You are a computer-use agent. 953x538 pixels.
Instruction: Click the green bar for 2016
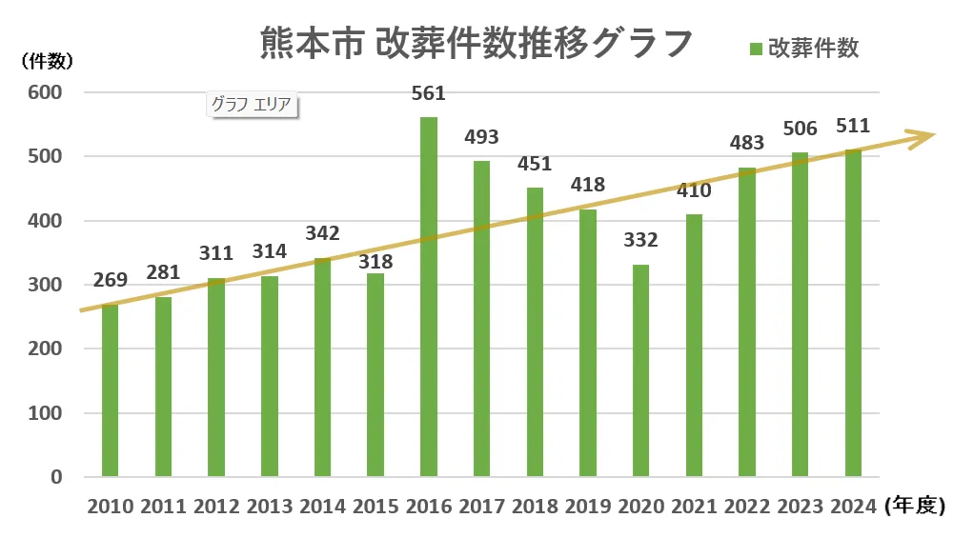coord(429,296)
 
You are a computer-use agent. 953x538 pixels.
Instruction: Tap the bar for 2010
coord(111,390)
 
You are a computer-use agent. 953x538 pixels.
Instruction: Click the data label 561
coord(429,93)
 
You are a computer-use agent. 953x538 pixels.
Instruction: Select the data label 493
coord(481,137)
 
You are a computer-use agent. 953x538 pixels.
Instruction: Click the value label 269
coord(111,282)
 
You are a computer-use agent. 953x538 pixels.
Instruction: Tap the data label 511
coord(853,127)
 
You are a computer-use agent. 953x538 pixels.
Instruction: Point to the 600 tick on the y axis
coord(46,92)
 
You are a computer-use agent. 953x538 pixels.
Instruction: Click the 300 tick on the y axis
coord(46,285)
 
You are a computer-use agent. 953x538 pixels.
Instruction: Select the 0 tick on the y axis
coord(56,477)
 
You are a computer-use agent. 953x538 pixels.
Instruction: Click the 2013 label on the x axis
coord(270,506)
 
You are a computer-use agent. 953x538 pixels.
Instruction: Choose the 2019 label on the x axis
coord(588,506)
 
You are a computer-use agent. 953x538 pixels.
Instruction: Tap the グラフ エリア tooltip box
coord(252,104)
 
